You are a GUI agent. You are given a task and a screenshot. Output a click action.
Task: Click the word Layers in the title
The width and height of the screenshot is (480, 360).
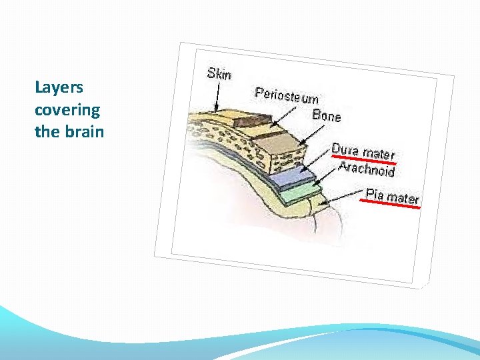pos(59,87)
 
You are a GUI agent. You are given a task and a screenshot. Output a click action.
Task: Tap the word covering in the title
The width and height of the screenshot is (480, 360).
pos(67,109)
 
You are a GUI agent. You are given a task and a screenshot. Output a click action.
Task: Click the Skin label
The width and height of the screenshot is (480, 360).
pos(219,74)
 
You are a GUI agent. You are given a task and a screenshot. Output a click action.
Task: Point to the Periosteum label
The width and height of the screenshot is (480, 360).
pos(287,96)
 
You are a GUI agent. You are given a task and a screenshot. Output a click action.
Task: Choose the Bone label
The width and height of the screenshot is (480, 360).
pos(327,115)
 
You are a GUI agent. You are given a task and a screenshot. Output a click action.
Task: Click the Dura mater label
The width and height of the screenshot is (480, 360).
pos(363,151)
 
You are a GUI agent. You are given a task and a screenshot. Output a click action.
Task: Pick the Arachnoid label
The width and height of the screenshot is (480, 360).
pos(366,168)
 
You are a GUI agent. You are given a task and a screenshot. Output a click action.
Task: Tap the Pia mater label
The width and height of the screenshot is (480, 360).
pos(393,197)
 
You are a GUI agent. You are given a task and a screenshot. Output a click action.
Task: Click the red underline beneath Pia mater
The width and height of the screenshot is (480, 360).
pos(393,205)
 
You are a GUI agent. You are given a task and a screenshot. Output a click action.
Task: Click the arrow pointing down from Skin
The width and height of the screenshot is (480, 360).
pos(216,96)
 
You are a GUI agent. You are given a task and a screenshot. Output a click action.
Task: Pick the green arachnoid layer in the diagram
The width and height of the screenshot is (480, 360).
pos(300,192)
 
